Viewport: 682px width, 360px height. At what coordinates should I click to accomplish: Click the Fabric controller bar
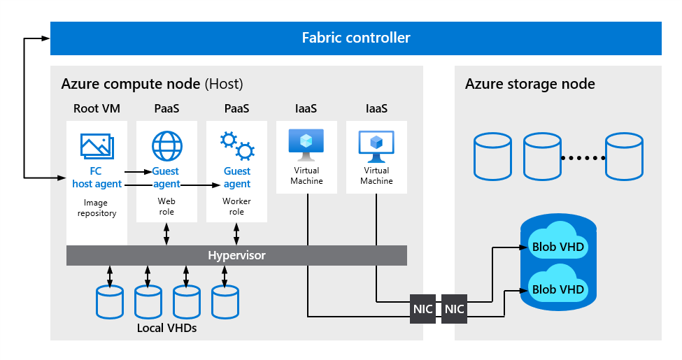(355, 38)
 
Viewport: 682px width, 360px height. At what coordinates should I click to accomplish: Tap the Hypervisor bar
(236, 255)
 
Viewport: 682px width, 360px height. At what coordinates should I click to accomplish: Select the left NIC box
(423, 309)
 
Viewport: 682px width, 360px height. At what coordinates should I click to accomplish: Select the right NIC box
(454, 309)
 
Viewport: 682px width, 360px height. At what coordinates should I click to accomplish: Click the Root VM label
(97, 109)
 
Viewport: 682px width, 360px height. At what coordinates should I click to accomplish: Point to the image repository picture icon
(97, 145)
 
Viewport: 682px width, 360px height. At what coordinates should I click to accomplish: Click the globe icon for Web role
(166, 146)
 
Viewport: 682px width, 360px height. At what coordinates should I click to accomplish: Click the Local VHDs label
(166, 328)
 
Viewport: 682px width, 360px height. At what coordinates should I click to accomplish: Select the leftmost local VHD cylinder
(109, 301)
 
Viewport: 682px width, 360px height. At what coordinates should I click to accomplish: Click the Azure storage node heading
(530, 84)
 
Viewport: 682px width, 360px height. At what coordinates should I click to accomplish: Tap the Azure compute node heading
(152, 84)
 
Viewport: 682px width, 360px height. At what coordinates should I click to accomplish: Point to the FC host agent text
(97, 178)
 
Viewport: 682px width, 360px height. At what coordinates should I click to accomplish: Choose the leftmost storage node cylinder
(492, 156)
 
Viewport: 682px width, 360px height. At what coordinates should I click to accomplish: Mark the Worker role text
(236, 206)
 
